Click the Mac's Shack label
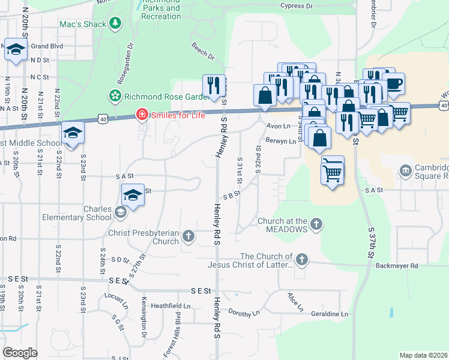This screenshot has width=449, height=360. click(83, 24)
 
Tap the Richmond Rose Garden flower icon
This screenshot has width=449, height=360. click(114, 96)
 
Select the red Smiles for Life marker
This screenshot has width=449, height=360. click(142, 114)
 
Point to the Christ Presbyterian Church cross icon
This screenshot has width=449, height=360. click(188, 236)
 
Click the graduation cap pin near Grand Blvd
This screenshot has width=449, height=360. click(15, 49)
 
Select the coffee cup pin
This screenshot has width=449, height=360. click(393, 85)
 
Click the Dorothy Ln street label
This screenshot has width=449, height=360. click(244, 313)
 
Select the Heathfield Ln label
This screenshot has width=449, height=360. click(170, 306)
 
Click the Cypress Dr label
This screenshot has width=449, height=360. click(297, 6)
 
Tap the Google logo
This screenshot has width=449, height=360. click(20, 353)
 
